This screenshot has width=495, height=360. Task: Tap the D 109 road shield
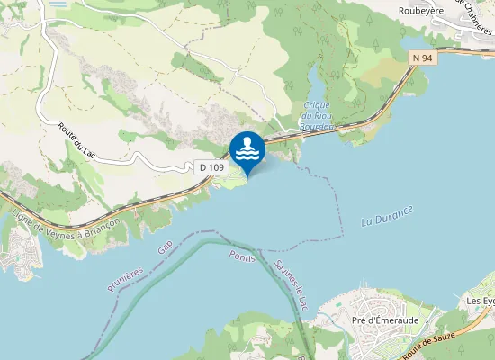coord(212,167)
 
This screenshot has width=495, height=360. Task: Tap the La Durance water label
coord(387,216)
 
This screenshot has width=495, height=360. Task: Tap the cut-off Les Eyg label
coord(481,300)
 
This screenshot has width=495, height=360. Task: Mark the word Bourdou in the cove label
coord(318,127)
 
